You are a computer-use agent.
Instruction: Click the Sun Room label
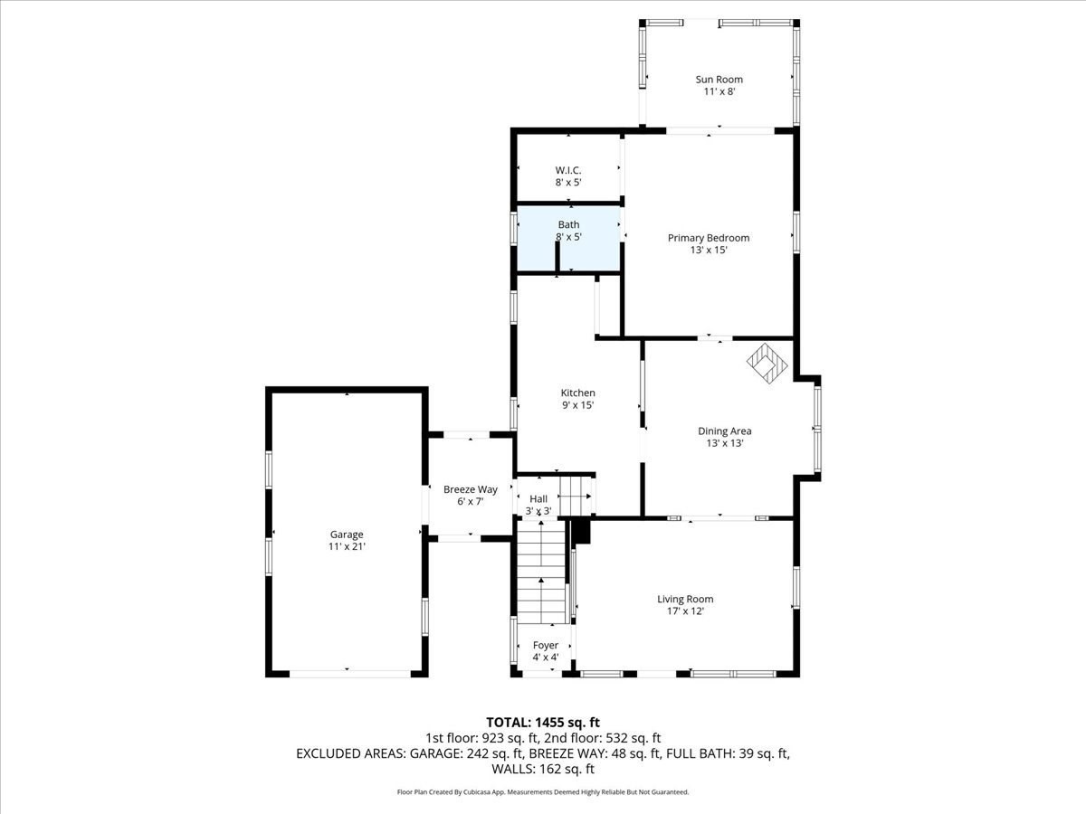click(719, 80)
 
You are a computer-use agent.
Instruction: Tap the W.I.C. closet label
click(568, 170)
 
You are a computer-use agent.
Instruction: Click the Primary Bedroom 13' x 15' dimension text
click(709, 251)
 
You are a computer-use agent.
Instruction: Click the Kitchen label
click(578, 393)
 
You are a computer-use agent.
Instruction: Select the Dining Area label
click(724, 431)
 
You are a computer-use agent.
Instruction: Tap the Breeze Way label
click(470, 489)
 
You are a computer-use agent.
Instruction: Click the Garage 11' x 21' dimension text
click(347, 547)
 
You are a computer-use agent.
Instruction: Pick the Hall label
click(538, 498)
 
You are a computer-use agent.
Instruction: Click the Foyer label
click(545, 645)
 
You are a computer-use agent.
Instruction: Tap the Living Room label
click(685, 599)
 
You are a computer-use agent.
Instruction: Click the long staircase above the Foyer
click(540, 574)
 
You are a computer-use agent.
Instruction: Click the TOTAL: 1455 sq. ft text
click(543, 722)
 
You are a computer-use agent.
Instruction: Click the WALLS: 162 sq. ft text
click(543, 769)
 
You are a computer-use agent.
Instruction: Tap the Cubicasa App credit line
click(543, 792)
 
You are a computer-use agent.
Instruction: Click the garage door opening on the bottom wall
click(348, 673)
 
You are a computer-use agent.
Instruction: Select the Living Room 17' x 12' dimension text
click(685, 611)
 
